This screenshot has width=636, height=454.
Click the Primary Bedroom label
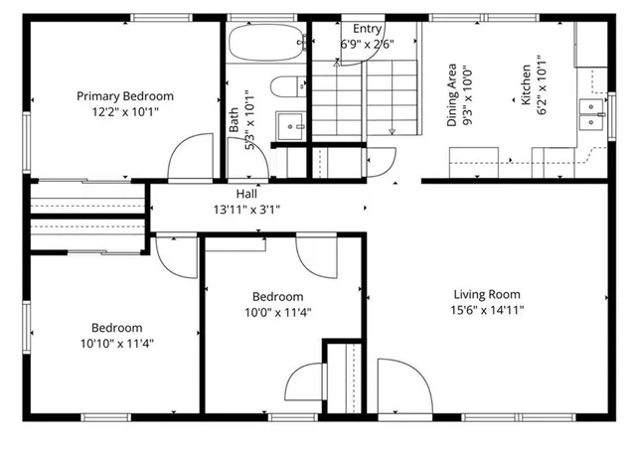point(125,96)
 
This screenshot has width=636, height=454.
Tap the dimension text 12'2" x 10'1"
point(125,112)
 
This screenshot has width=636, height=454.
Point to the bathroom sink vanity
point(290,126)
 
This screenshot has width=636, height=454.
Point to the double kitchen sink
point(593,115)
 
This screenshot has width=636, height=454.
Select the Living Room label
point(487,294)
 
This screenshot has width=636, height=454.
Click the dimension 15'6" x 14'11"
point(487,310)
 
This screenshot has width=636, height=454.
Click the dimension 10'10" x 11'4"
point(117,344)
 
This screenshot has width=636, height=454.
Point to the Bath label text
point(235,121)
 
